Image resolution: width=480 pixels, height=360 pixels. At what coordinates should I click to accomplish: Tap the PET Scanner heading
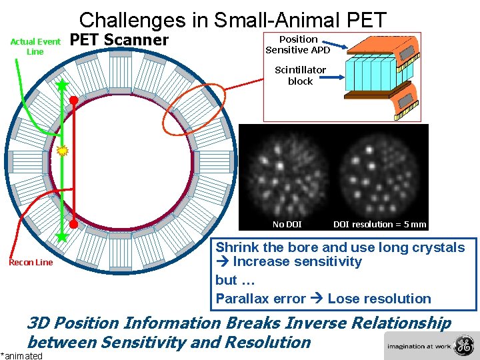[x=119, y=40]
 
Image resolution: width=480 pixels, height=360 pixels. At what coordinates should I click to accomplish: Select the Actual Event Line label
[x=35, y=47]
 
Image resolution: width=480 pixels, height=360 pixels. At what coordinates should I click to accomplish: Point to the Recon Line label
[x=31, y=262]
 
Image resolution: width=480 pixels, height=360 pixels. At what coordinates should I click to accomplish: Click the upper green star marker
[x=62, y=85]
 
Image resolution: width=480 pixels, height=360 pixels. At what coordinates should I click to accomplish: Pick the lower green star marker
[x=62, y=236]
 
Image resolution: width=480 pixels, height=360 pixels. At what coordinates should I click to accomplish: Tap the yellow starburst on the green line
[x=63, y=151]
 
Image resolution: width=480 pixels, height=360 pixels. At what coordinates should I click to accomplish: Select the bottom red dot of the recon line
[x=73, y=225]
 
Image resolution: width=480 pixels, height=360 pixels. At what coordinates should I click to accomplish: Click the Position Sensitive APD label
[x=298, y=45]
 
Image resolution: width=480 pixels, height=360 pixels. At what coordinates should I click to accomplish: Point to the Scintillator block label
[x=300, y=75]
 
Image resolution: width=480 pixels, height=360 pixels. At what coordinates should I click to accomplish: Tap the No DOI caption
[x=287, y=225]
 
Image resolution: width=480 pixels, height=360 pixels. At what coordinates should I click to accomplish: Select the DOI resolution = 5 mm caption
[x=379, y=225]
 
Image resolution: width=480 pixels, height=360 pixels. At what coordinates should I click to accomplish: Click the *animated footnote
[x=21, y=355]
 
